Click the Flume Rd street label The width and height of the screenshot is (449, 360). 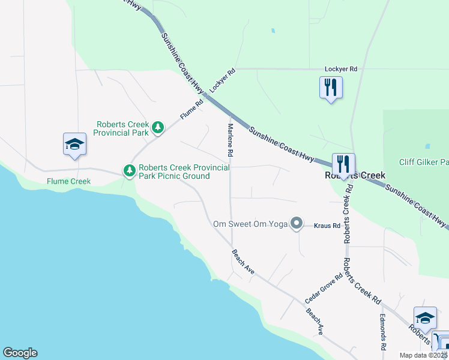(192, 110)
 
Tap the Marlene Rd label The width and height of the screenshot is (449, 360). (230, 140)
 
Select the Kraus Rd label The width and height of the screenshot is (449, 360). (327, 226)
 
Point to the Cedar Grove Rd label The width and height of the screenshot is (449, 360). (323, 287)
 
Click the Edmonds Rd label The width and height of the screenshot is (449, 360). (382, 332)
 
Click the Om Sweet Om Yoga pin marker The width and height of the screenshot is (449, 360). (296, 224)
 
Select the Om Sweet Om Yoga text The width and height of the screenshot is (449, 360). (250, 224)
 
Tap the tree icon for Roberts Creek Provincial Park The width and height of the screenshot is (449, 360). (158, 127)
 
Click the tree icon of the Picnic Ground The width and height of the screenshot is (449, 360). (129, 171)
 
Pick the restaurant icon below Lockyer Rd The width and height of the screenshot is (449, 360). (331, 88)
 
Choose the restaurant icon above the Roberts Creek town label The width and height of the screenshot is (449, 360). (343, 163)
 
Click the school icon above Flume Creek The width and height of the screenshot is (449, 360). (75, 144)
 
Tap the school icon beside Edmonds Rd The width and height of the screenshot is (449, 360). (425, 318)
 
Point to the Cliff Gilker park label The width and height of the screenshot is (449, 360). (424, 162)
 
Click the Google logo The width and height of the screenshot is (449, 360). (20, 353)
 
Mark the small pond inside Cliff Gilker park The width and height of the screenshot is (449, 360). (427, 146)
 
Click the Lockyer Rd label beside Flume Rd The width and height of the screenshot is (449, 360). (222, 79)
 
